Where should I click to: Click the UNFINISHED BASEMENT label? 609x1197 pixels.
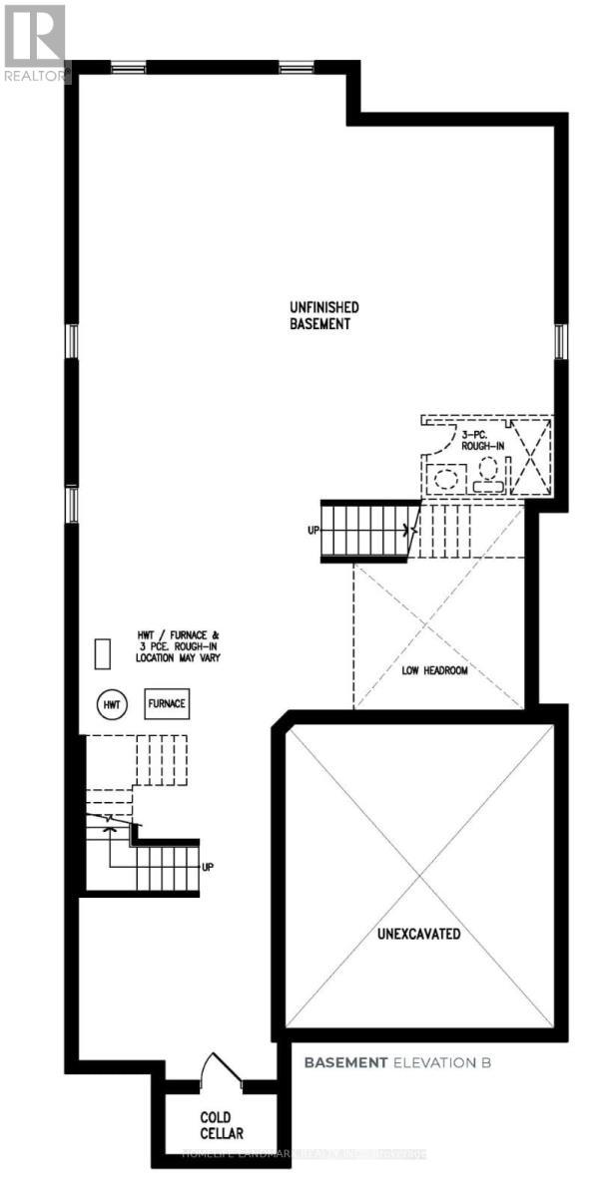point(318,316)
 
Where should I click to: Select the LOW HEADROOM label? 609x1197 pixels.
point(440,671)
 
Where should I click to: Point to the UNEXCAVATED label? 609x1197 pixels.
point(418,935)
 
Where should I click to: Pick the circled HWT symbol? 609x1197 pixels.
point(112,703)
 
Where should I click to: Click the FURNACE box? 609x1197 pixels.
point(167,703)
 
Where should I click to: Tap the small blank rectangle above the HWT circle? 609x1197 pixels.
point(102,653)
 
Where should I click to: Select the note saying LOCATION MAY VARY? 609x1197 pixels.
point(180,658)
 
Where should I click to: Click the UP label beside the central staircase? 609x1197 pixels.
point(313,530)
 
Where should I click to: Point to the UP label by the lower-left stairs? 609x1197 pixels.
point(208,867)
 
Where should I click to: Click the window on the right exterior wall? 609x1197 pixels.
point(560,341)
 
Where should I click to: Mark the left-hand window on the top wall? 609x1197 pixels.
point(127,68)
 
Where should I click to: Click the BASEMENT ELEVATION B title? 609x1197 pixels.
point(397,1062)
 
